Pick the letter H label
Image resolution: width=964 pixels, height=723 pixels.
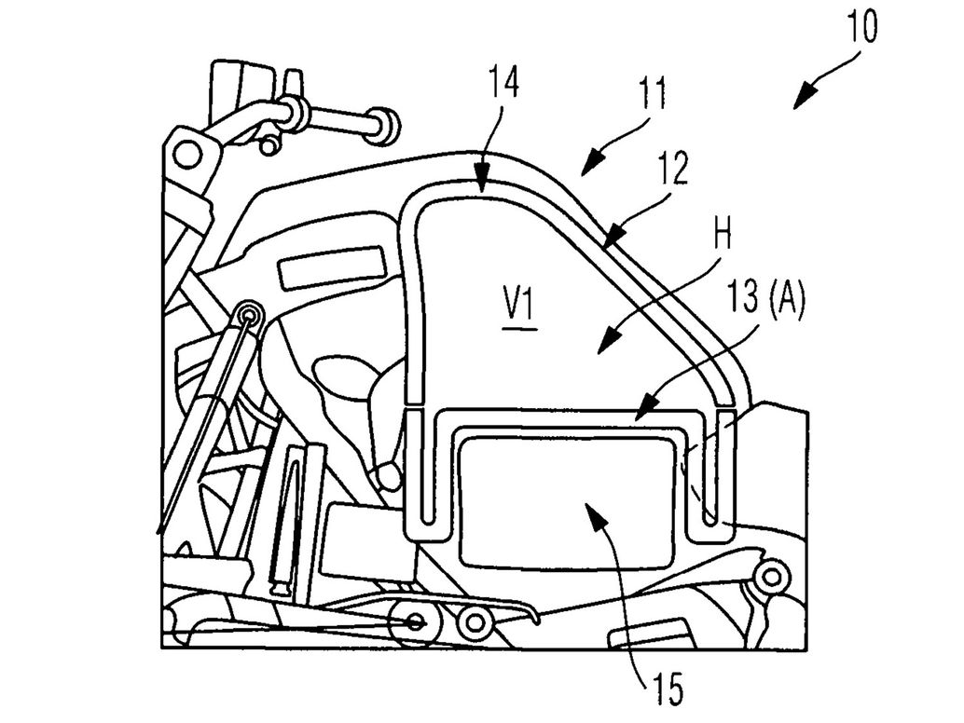pyautogui.click(x=721, y=237)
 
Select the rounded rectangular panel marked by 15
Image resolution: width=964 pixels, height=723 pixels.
pyautogui.click(x=566, y=503)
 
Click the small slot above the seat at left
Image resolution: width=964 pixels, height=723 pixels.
pyautogui.click(x=332, y=266)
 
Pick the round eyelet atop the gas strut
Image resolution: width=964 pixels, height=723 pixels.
pyautogui.click(x=247, y=315)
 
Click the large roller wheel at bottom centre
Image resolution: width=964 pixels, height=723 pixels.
pyautogui.click(x=412, y=623)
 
